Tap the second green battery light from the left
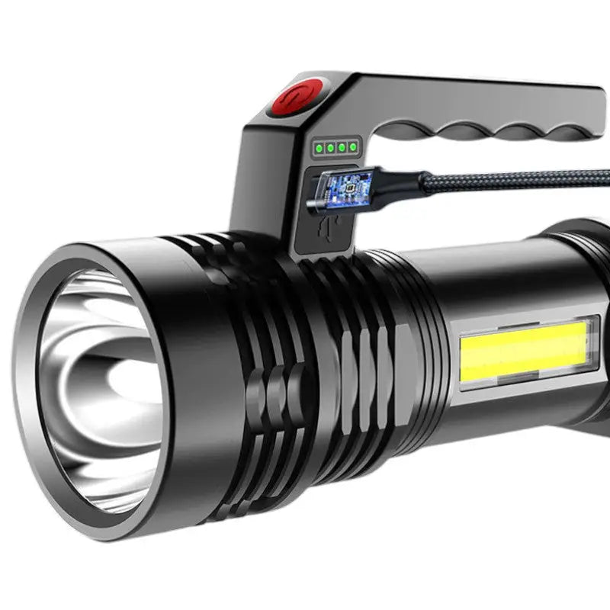tap(331, 146)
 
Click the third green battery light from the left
tap(342, 146)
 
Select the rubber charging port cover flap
tap(324, 233)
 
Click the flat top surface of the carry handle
tap(457, 95)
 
